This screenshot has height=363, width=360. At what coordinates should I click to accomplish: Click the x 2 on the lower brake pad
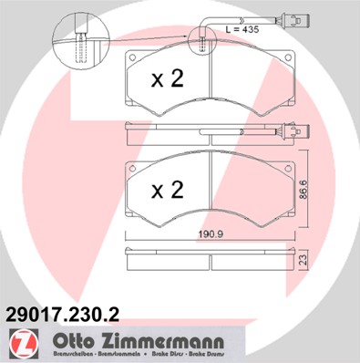pyautogui.click(x=167, y=190)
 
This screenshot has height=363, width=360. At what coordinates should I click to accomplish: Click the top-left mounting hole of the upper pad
pyautogui.click(x=133, y=60)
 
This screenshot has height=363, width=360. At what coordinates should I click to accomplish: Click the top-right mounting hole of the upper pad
pyautogui.click(x=289, y=60)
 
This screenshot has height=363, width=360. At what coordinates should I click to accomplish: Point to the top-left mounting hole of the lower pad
pyautogui.click(x=133, y=171)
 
